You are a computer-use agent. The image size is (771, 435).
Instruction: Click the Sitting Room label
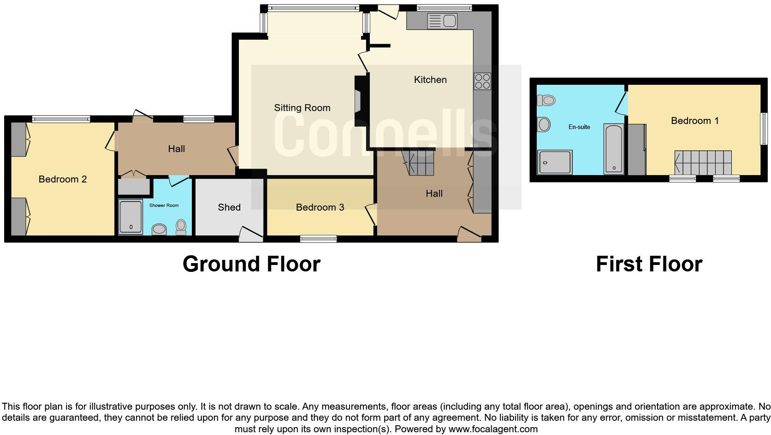tap(302, 108)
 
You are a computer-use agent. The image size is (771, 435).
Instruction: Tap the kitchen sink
tap(442, 21)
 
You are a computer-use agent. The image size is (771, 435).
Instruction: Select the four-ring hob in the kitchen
tap(482, 81)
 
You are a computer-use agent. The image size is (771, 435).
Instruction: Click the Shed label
tap(229, 207)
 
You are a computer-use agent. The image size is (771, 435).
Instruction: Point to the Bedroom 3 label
tap(320, 207)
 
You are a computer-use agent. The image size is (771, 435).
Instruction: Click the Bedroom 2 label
tap(63, 179)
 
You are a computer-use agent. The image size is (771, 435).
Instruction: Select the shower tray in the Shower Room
tap(131, 217)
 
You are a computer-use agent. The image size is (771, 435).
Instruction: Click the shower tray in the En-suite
tap(555, 162)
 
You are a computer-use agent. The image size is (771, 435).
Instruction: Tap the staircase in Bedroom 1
tap(703, 163)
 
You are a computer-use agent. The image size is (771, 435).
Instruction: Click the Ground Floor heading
tap(251, 264)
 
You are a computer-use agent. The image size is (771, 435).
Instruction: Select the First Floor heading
tap(649, 264)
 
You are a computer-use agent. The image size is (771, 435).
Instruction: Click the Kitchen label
tap(430, 80)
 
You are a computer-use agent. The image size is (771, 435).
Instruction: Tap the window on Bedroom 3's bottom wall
tap(318, 238)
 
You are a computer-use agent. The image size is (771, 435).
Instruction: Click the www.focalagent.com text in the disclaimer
tap(493, 429)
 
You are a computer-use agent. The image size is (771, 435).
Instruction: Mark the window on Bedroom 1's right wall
tap(764, 129)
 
